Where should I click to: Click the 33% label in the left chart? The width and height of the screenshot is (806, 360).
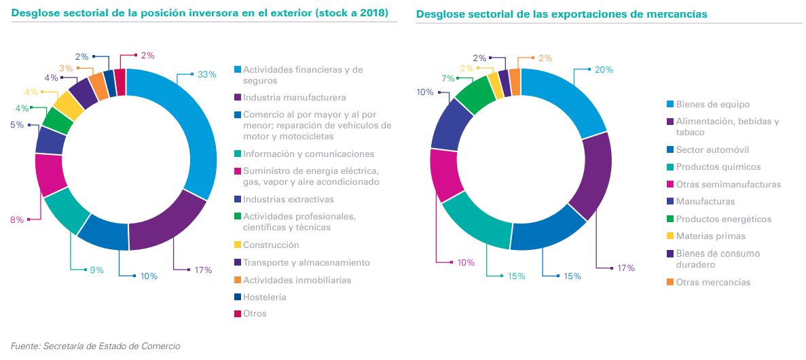[206, 75]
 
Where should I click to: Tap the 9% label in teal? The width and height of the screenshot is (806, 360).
[96, 270]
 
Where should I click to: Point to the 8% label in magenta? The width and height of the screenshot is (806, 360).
[17, 219]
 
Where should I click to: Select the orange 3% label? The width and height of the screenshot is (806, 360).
[66, 69]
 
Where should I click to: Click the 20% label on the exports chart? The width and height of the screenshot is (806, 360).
[604, 69]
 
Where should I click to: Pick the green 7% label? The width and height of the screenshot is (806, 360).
[447, 79]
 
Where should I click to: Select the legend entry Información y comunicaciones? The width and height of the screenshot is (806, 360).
[309, 154]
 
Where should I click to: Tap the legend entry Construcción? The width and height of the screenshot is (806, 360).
[271, 245]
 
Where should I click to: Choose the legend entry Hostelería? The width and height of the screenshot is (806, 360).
[265, 297]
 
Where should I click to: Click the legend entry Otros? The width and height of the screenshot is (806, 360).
[255, 314]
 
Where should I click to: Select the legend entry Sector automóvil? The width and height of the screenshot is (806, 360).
[712, 149]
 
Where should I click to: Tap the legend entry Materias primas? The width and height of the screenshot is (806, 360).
[710, 236]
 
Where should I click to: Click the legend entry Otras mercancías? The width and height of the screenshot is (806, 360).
[713, 282]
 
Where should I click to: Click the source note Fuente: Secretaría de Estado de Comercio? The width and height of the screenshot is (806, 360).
[96, 346]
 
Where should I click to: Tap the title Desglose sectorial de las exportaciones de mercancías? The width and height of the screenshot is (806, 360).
[561, 14]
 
